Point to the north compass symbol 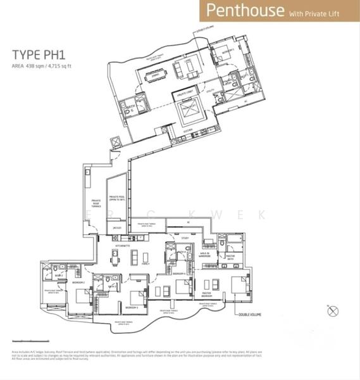click(x=333, y=310)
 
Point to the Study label click(x=185, y=237)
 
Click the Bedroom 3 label click(x=131, y=307)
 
